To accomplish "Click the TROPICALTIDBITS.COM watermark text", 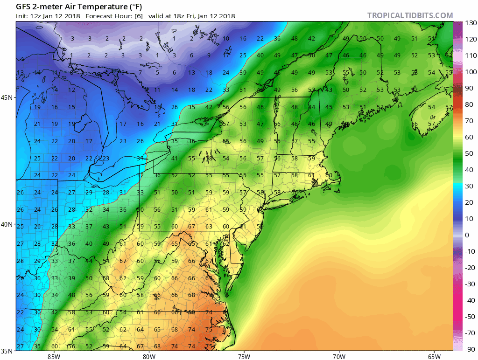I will (410, 15).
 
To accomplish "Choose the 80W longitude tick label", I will (149, 357).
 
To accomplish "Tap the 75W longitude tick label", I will (244, 357).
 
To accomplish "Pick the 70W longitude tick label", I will (339, 357).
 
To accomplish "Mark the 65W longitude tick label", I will (434, 357).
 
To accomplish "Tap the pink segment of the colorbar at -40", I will (457, 300).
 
